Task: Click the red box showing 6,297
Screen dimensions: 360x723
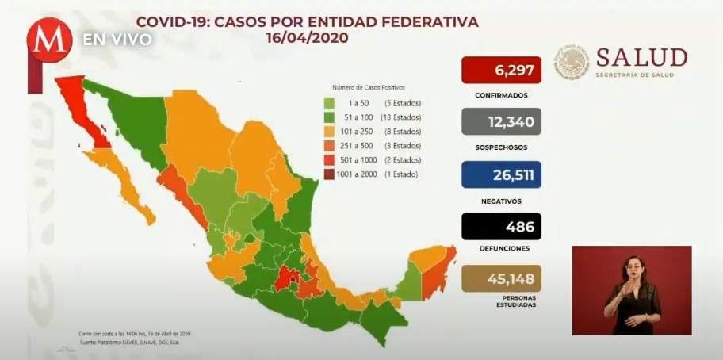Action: point(501,70)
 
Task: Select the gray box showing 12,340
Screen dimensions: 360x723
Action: point(501,122)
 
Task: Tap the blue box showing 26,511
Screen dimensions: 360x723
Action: point(501,174)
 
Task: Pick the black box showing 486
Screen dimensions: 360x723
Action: point(501,227)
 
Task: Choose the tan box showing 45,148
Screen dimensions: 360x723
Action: point(501,278)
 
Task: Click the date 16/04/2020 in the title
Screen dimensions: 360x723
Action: point(308,37)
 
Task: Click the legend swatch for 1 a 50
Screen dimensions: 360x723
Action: point(328,104)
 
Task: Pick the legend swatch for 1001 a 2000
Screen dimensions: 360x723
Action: point(328,174)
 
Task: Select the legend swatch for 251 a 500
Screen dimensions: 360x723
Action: point(328,146)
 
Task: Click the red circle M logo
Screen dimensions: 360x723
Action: point(49,40)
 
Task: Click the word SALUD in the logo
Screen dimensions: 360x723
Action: point(641,57)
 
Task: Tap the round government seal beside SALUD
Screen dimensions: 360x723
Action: point(572,62)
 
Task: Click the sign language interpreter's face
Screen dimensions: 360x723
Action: point(634,265)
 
